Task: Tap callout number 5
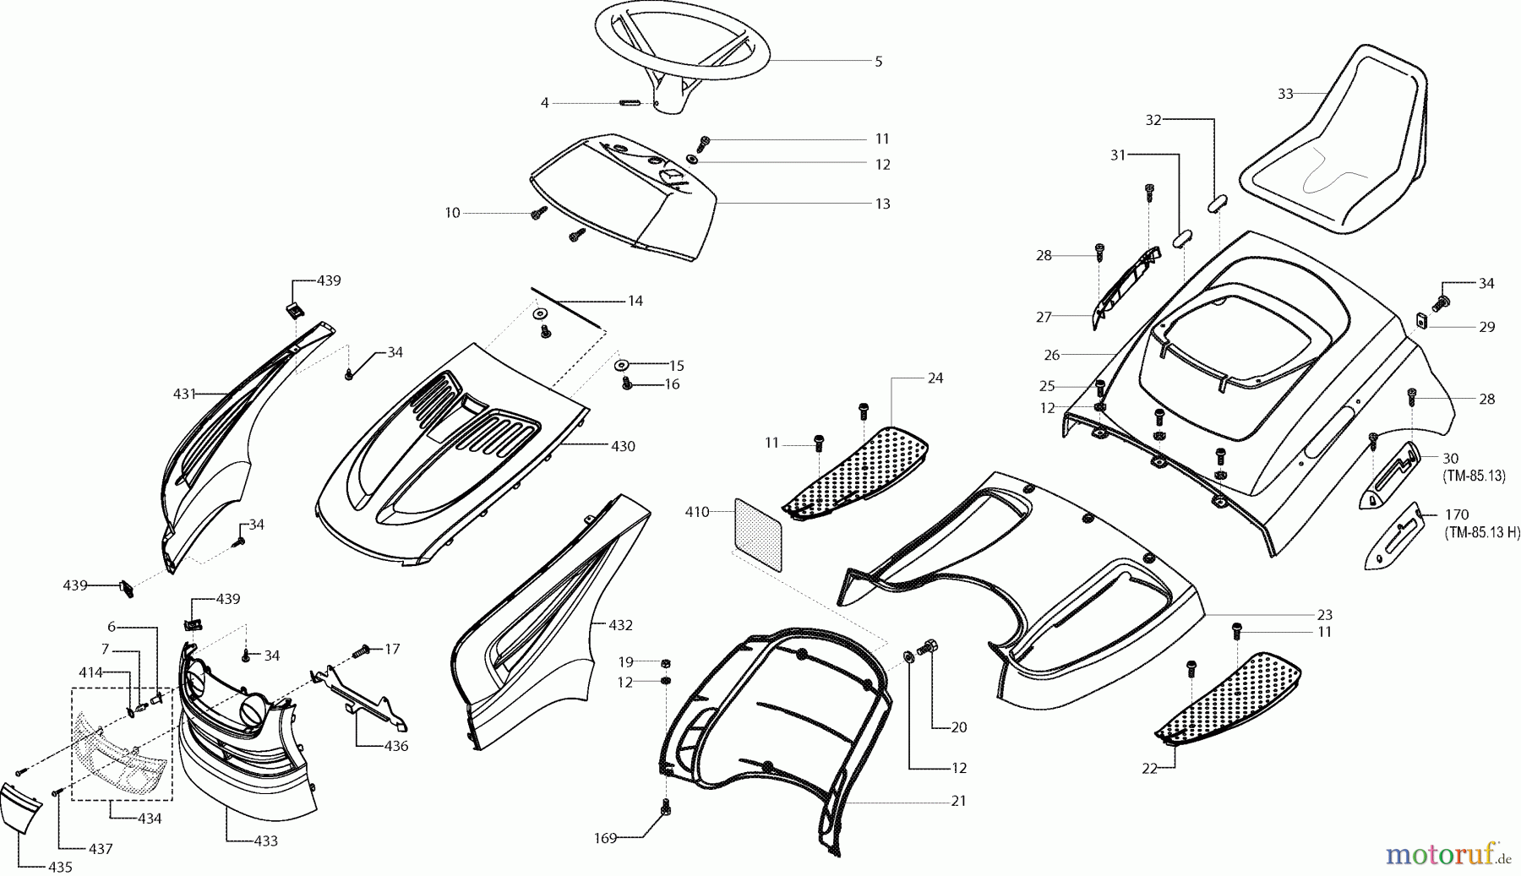[x=878, y=62]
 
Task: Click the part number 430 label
[x=623, y=446]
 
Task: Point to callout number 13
[x=882, y=204]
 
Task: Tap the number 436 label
[x=395, y=746]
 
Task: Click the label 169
[x=605, y=839]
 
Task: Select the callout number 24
[x=935, y=378]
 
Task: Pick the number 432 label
[x=620, y=625]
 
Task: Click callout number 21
[x=957, y=801]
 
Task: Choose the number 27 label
[x=1044, y=317]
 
